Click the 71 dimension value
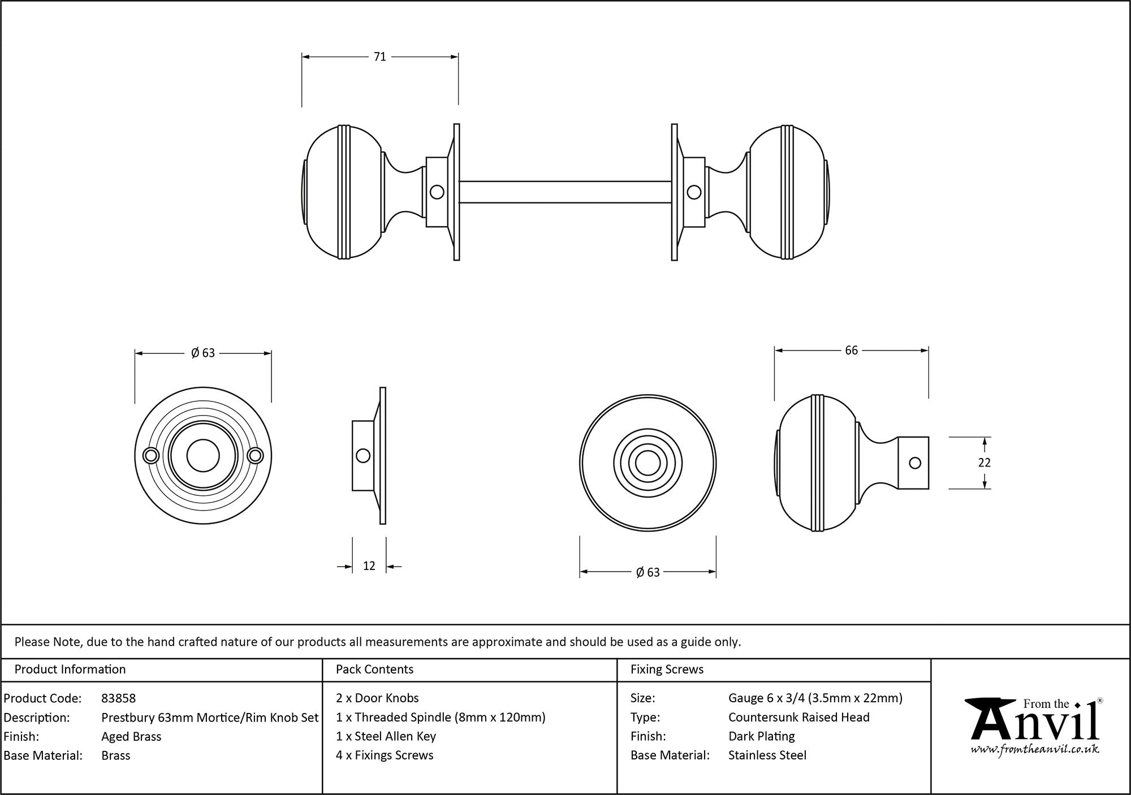click(379, 57)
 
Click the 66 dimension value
click(851, 351)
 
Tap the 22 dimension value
click(985, 463)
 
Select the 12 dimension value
click(369, 566)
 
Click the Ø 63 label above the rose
click(203, 353)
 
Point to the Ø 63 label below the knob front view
click(647, 573)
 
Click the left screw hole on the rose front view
click(151, 456)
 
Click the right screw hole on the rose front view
click(256, 456)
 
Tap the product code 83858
click(118, 698)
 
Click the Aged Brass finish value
click(131, 736)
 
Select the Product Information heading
click(70, 669)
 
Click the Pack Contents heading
click(374, 669)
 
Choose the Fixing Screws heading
click(667, 669)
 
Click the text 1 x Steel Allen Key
click(386, 736)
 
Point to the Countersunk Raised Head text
click(798, 718)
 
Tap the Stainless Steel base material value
click(767, 755)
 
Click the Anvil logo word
click(1035, 724)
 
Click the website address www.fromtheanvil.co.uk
click(1035, 750)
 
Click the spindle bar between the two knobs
click(565, 192)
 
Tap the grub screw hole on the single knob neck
click(915, 463)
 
